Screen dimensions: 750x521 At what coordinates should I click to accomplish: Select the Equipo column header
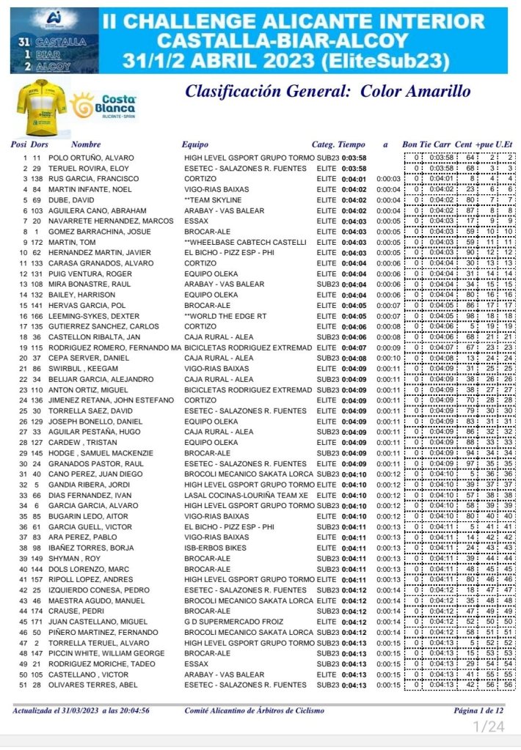195,144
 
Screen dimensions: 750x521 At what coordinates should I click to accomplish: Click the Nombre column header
86,144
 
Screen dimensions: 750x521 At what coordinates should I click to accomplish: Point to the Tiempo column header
351,144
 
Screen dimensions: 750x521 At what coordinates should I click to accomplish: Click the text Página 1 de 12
479,710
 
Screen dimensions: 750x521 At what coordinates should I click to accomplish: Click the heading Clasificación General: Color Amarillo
327,92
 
